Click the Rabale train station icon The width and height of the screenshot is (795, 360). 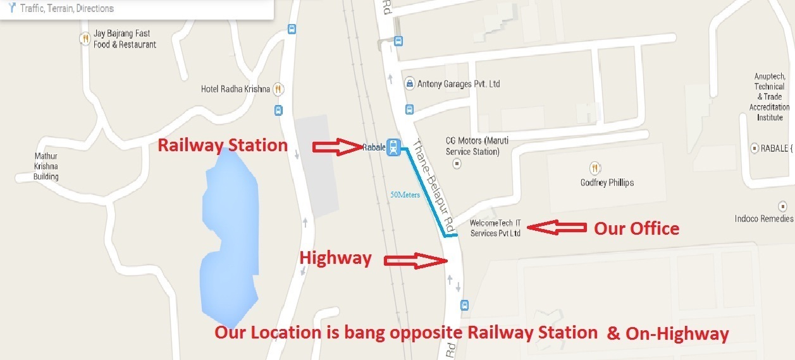tap(393, 147)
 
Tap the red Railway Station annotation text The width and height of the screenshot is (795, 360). tap(223, 146)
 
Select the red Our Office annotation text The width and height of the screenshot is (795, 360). tap(636, 228)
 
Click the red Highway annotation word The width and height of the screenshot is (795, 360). tap(335, 258)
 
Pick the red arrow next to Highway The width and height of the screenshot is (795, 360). tap(415, 260)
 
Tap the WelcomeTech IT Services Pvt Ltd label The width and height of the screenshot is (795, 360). tap(496, 228)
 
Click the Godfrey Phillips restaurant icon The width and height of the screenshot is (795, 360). tap(595, 168)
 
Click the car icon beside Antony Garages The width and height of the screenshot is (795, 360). tap(410, 84)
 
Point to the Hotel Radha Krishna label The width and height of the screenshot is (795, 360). tap(235, 89)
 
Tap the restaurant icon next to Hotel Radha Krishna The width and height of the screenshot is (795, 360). tap(278, 89)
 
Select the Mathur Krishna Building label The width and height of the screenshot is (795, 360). tap(46, 166)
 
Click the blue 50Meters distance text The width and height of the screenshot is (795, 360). tap(405, 195)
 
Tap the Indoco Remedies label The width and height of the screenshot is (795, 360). tap(763, 219)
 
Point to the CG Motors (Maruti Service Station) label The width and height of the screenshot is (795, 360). tap(472, 146)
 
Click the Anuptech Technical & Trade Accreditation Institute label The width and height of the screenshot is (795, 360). tap(770, 97)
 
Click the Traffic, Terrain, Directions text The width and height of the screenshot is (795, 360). tap(66, 9)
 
